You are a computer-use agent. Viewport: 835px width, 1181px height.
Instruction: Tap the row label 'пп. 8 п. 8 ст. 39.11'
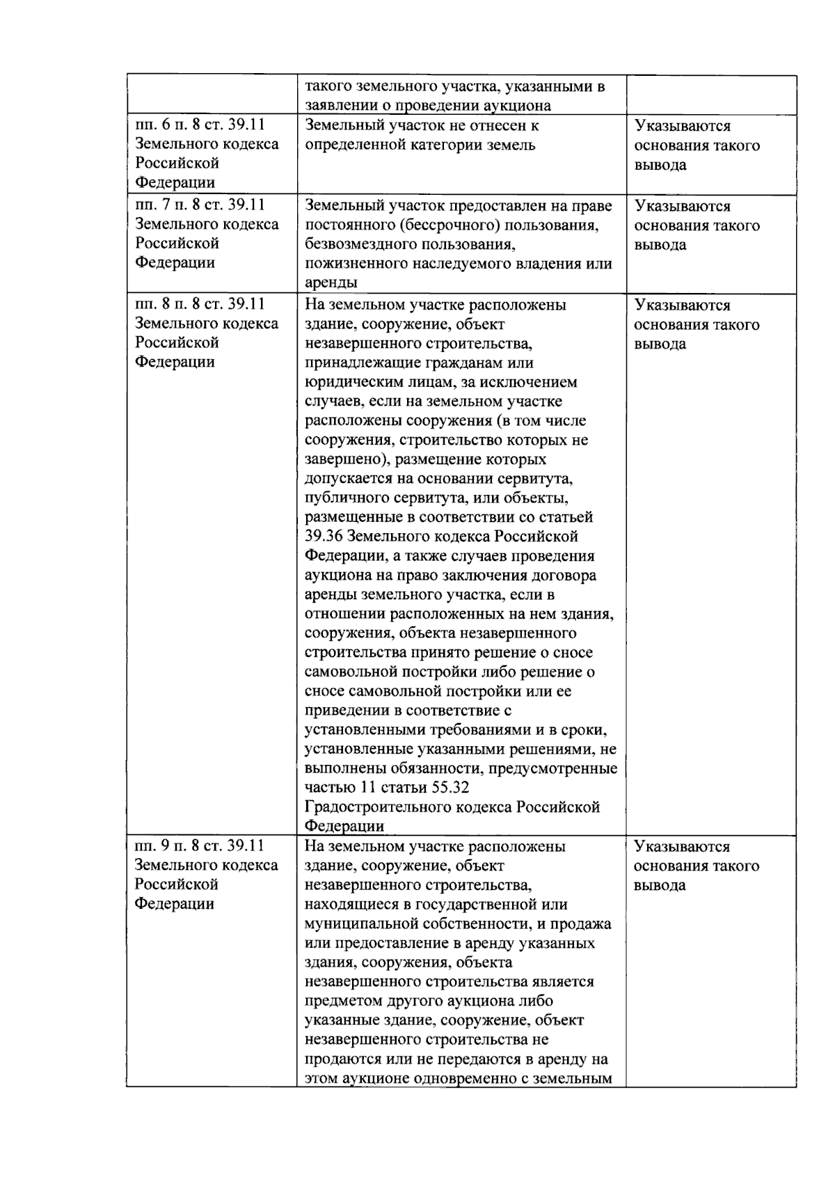[x=200, y=304]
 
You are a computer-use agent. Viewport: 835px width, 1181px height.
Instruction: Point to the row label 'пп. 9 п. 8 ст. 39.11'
[x=200, y=846]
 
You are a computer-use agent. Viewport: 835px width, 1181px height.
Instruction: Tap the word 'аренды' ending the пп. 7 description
[x=331, y=283]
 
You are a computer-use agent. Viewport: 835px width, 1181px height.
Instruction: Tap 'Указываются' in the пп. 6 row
[x=683, y=126]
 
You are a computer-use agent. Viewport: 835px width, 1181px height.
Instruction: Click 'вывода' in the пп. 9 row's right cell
[x=660, y=885]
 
